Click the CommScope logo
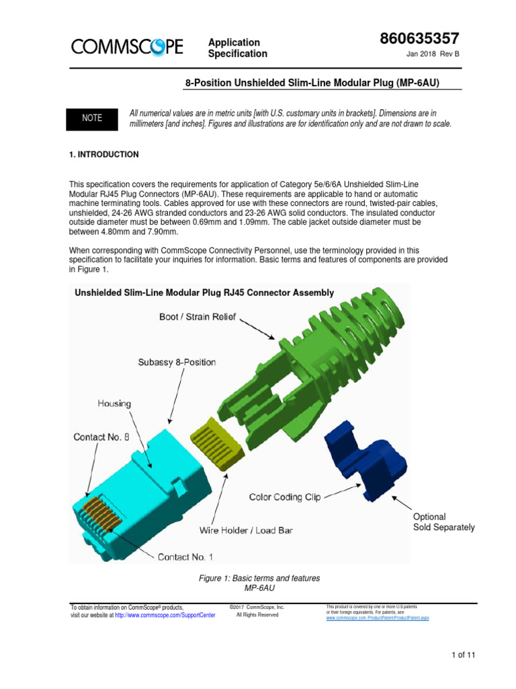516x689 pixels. click(127, 46)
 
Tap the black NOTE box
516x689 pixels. click(92, 118)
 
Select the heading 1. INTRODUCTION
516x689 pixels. click(104, 155)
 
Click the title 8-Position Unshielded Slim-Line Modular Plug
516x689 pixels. click(313, 83)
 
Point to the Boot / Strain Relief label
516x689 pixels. click(198, 316)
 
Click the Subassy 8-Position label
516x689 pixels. click(177, 362)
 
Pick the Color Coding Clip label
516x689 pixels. click(285, 497)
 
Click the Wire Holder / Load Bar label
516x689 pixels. click(246, 530)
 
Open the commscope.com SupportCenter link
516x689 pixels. click(165, 615)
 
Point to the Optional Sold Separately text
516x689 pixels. click(443, 522)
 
